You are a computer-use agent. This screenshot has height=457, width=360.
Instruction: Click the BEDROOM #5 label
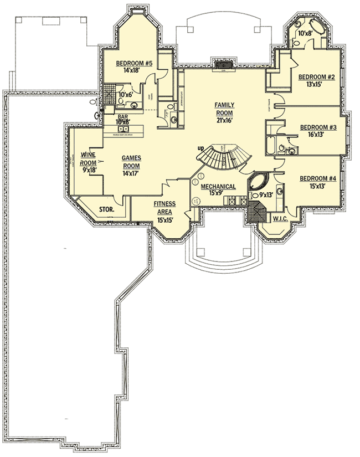(134, 63)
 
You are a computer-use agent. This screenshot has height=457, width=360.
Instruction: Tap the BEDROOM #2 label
(316, 77)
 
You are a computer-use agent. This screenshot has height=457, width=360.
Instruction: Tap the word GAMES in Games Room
(131, 158)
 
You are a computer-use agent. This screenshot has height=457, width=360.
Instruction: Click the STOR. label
(107, 210)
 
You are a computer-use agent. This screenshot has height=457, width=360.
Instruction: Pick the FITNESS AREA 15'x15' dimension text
(165, 220)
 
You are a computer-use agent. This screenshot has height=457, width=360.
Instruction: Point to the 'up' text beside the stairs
(203, 148)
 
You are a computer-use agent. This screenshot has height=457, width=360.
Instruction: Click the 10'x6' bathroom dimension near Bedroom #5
(126, 95)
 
